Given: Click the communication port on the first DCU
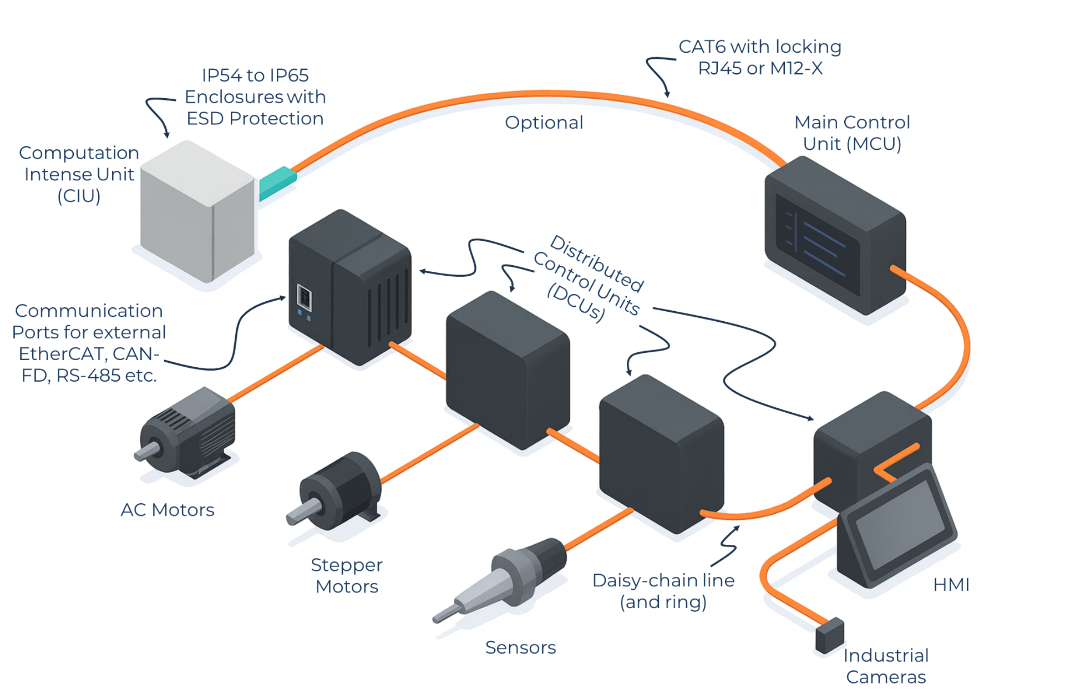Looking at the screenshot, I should (x=303, y=297).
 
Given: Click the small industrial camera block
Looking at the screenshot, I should (x=830, y=635).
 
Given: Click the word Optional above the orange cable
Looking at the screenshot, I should (x=544, y=123).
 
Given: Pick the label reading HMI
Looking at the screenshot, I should (x=951, y=585).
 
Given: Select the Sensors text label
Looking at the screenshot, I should (x=520, y=647).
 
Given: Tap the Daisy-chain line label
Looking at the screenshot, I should (x=663, y=581).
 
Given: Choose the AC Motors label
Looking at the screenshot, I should (x=167, y=510).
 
